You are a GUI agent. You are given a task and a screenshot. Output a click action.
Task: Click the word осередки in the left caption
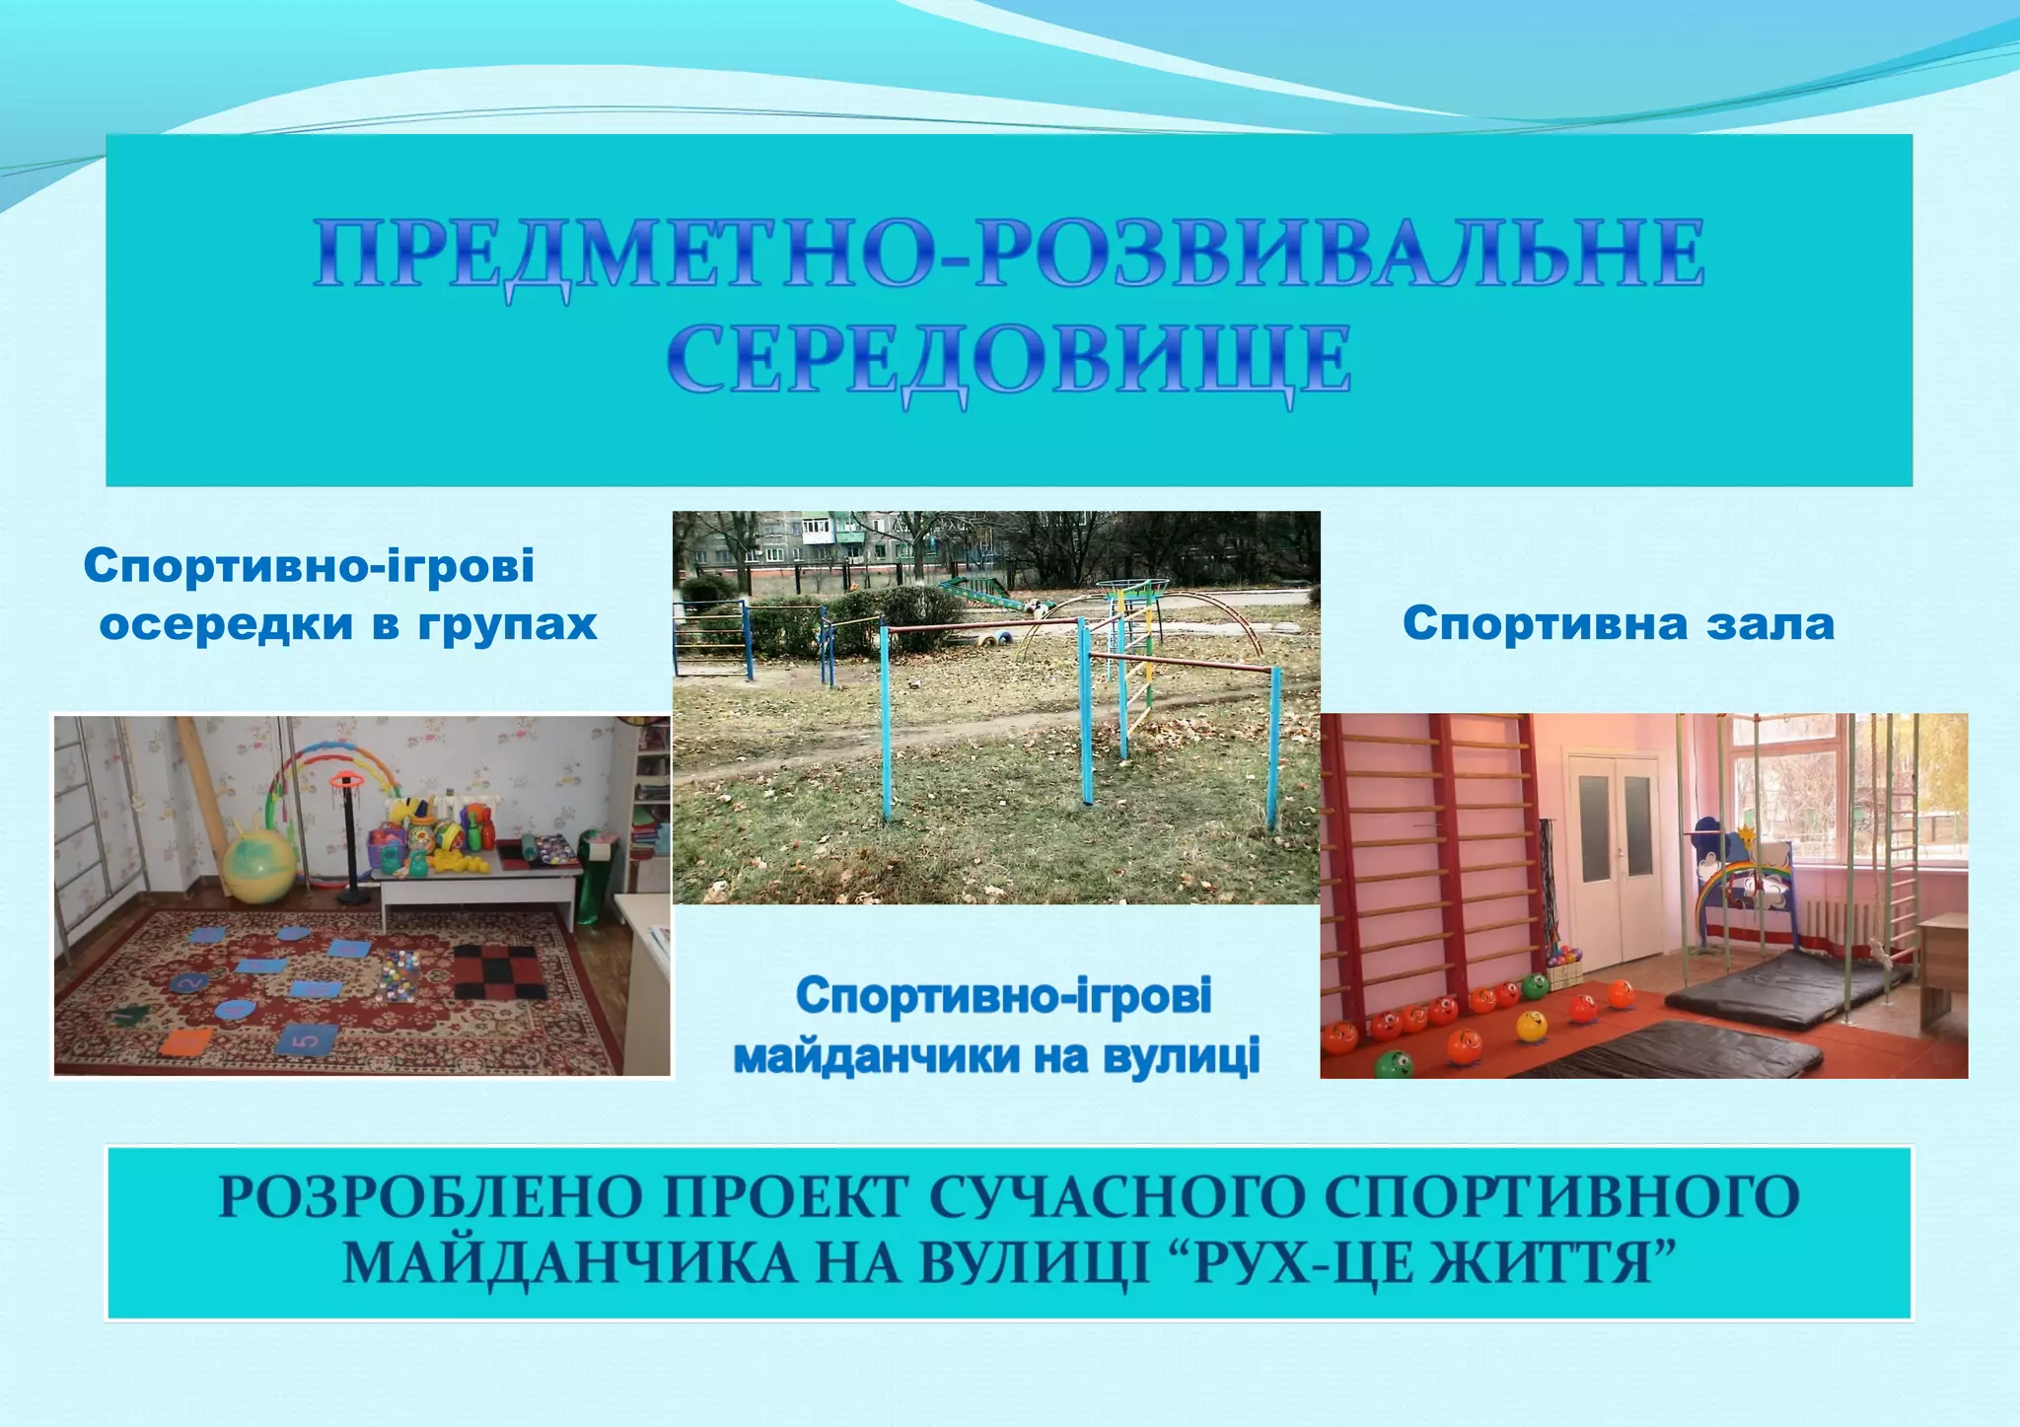pos(226,624)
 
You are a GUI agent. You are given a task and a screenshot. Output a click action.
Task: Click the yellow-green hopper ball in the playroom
pos(258,868)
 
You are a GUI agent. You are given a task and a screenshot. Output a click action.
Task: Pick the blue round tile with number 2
pos(190,981)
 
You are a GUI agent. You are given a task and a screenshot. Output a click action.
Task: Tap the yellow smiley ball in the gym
pos(1532,1026)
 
